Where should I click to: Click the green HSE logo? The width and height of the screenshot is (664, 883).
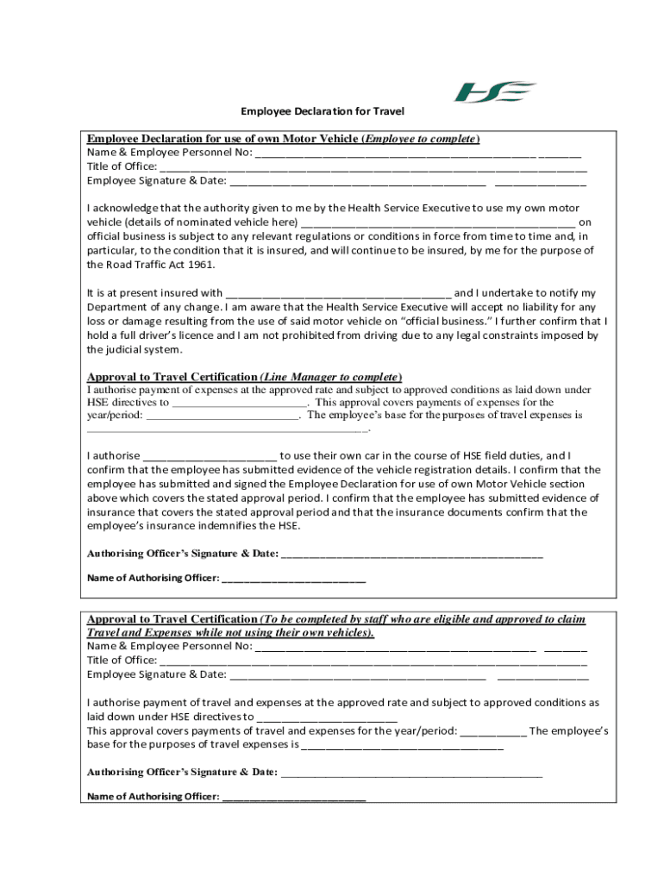[495, 91]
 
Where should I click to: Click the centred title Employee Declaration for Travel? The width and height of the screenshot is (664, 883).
[323, 111]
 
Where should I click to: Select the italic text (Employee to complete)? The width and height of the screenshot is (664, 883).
[420, 139]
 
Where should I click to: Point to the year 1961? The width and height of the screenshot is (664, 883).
[197, 265]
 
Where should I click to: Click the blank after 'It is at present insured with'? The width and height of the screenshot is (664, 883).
[337, 293]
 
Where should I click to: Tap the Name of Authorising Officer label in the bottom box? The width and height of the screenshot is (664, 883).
[153, 797]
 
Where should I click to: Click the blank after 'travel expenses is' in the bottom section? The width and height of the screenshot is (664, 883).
[402, 745]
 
